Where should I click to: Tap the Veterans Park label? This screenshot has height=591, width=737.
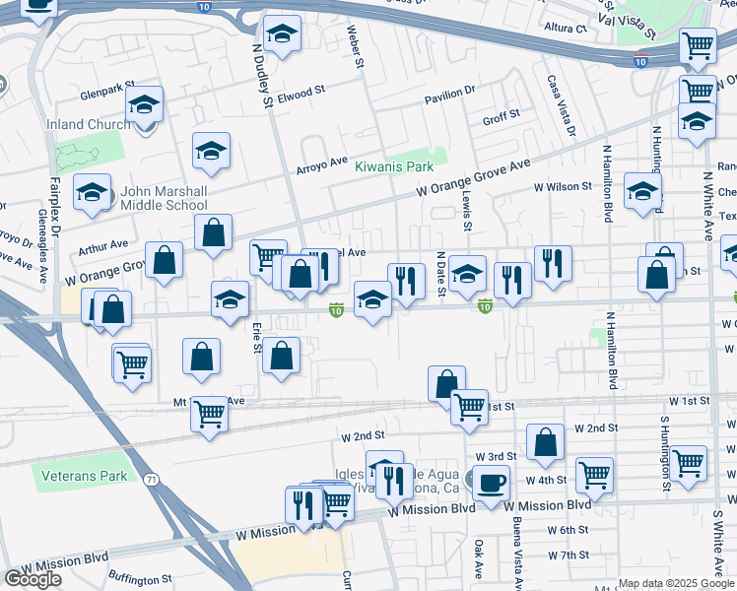(84, 476)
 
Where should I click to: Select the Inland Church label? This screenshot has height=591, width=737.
(89, 124)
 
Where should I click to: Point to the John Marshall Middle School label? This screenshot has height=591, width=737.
(164, 199)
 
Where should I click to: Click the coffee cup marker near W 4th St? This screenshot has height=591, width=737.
(491, 484)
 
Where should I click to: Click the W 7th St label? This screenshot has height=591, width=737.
(569, 556)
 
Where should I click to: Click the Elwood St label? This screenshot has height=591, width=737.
(301, 94)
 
